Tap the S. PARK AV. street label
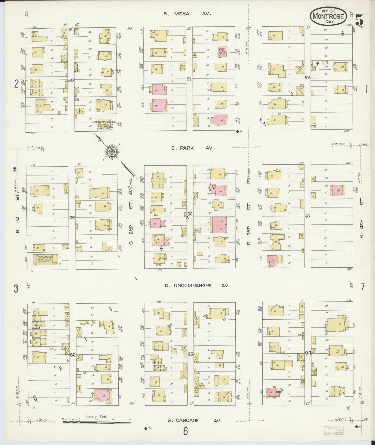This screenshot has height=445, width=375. (193, 148)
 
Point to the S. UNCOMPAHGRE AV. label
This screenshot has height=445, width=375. (197, 286)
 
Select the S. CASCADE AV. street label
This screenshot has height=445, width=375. (194, 421)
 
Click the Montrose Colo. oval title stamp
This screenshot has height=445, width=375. (329, 16)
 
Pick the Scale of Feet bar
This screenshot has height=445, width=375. (97, 422)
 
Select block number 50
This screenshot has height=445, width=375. (71, 80)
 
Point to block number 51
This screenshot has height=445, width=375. (189, 79)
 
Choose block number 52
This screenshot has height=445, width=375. (308, 77)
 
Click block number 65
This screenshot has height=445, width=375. (72, 218)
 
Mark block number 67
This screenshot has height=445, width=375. (308, 216)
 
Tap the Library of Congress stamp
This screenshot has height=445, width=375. (333, 430)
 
